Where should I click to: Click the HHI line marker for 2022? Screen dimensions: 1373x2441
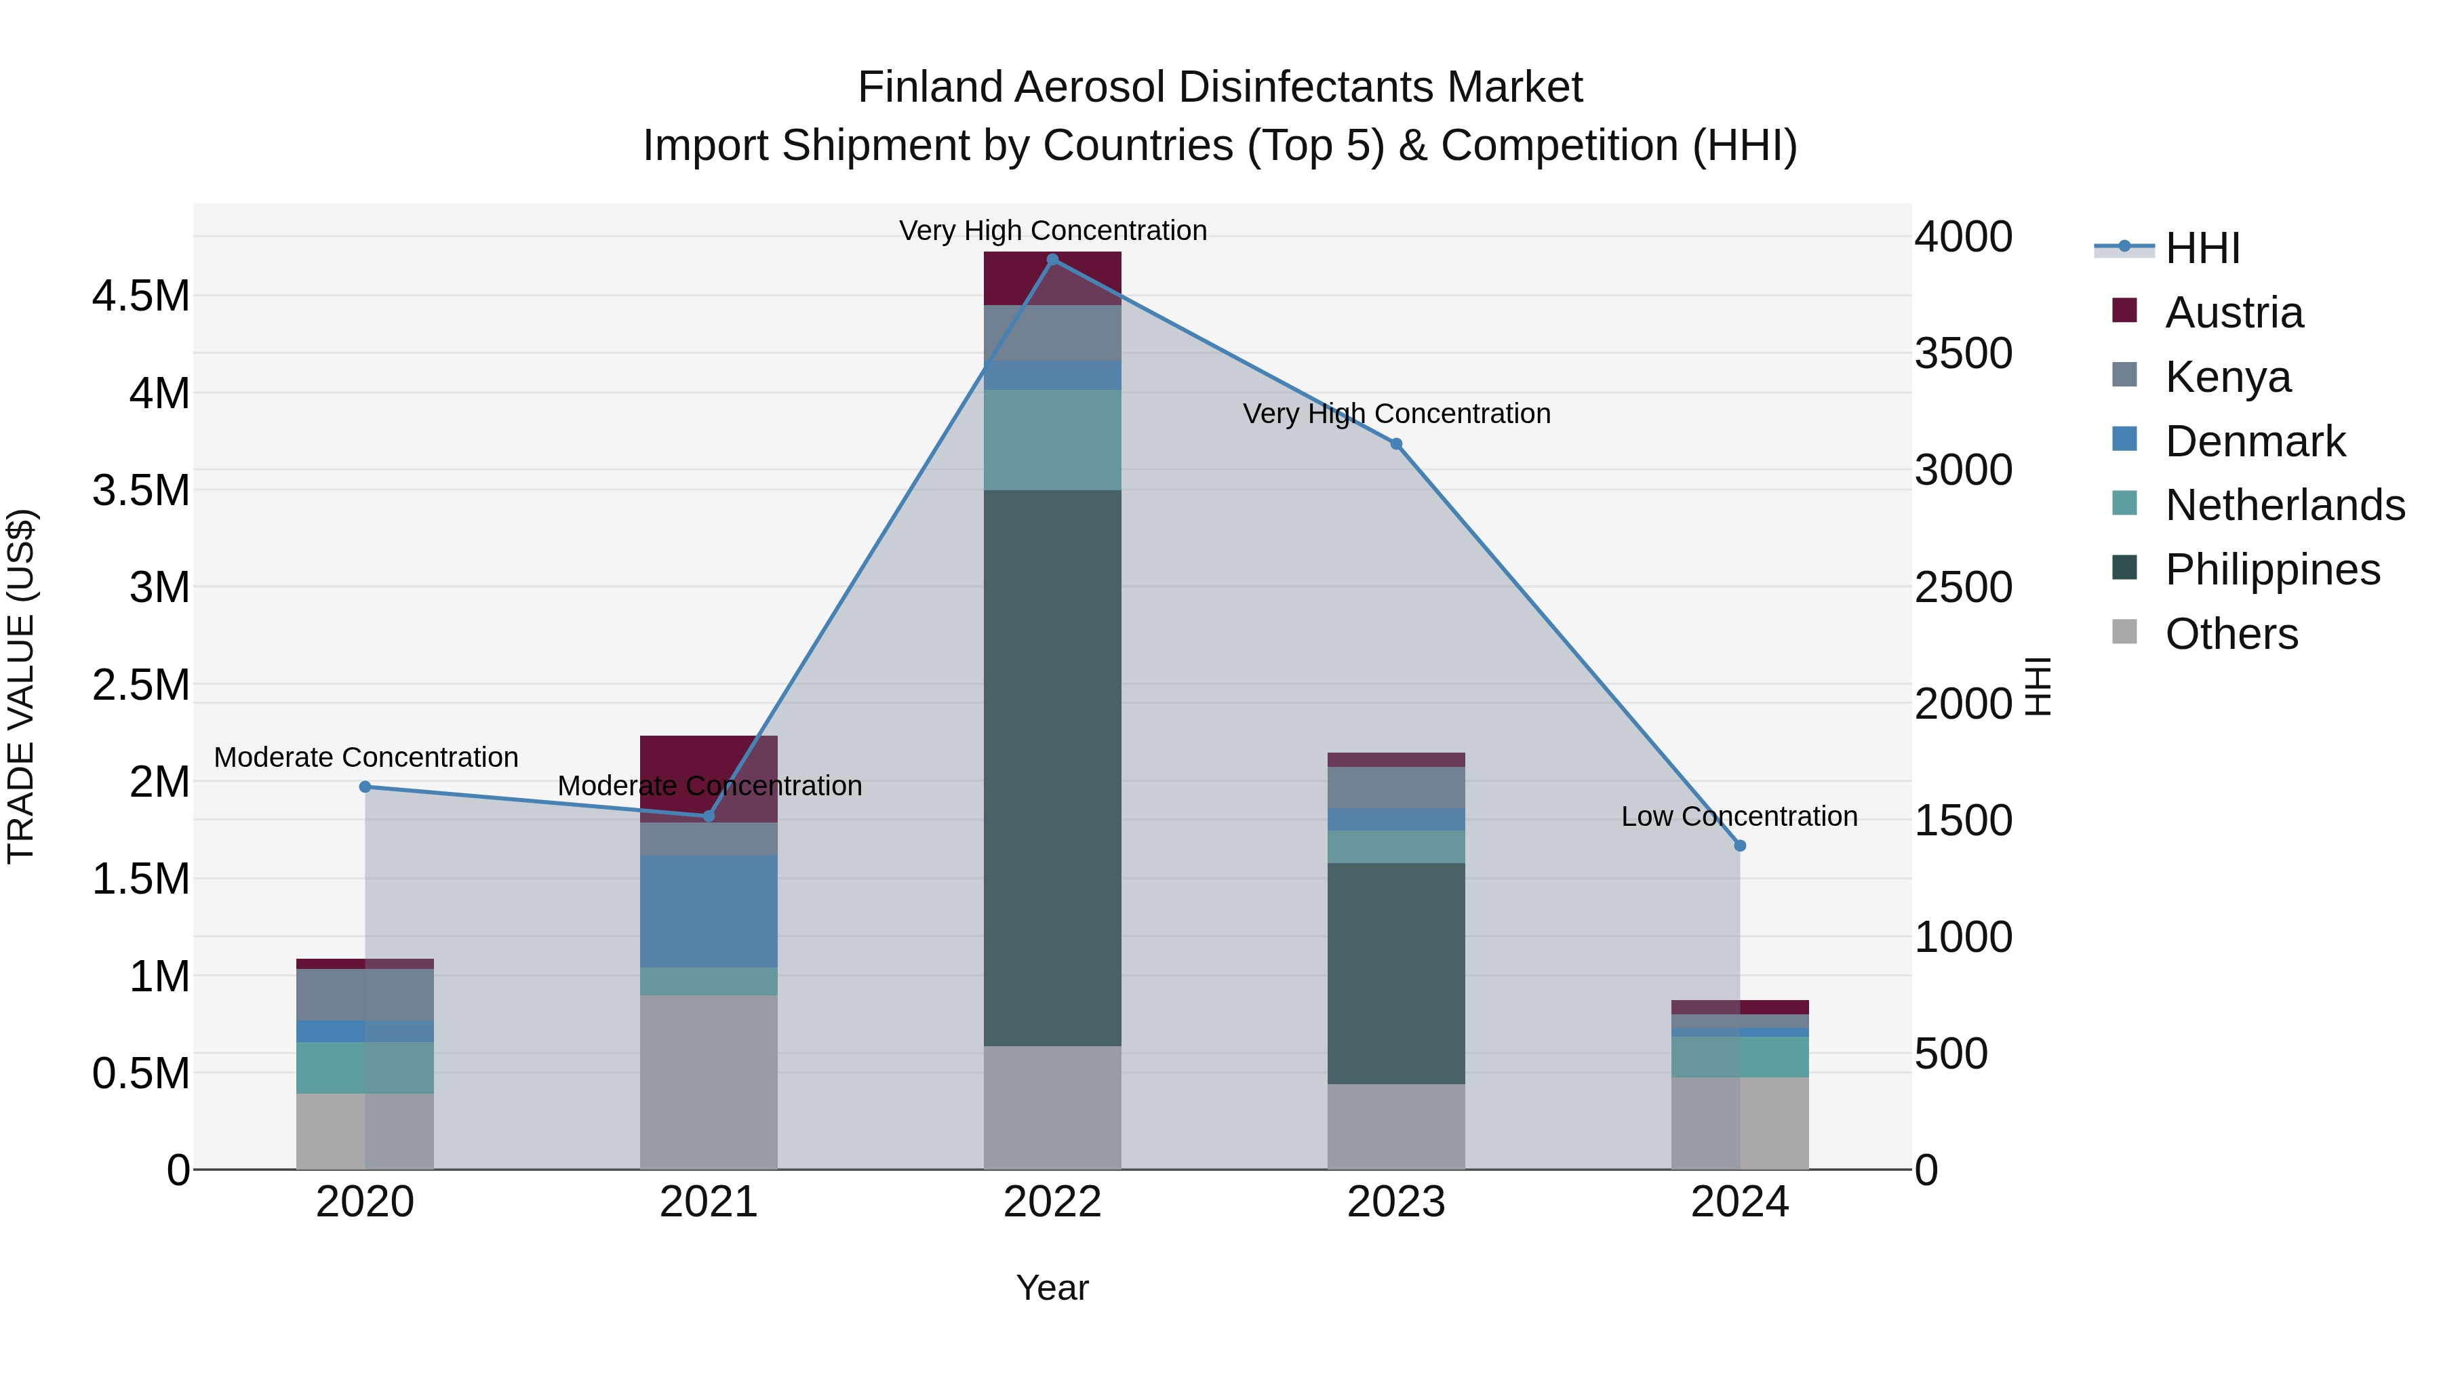click(1052, 260)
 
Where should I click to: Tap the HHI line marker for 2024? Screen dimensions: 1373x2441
click(1740, 845)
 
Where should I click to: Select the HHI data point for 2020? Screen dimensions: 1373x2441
click(365, 787)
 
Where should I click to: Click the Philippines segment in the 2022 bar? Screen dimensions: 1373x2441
click(1052, 768)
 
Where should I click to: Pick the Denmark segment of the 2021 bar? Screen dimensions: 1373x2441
click(709, 911)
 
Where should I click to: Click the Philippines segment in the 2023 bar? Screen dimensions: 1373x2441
click(1396, 973)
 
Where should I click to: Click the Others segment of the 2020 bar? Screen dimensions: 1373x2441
click(365, 1132)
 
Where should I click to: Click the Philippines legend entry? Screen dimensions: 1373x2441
click(2271, 570)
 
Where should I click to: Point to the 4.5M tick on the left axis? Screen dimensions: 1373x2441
click(140, 296)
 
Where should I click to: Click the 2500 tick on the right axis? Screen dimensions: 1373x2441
click(1962, 587)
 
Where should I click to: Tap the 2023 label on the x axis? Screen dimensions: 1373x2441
click(1396, 1202)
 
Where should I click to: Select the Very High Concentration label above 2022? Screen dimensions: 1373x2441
click(1052, 231)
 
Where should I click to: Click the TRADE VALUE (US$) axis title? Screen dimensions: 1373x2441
click(21, 686)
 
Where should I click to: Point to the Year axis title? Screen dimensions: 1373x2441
click(1052, 1288)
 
